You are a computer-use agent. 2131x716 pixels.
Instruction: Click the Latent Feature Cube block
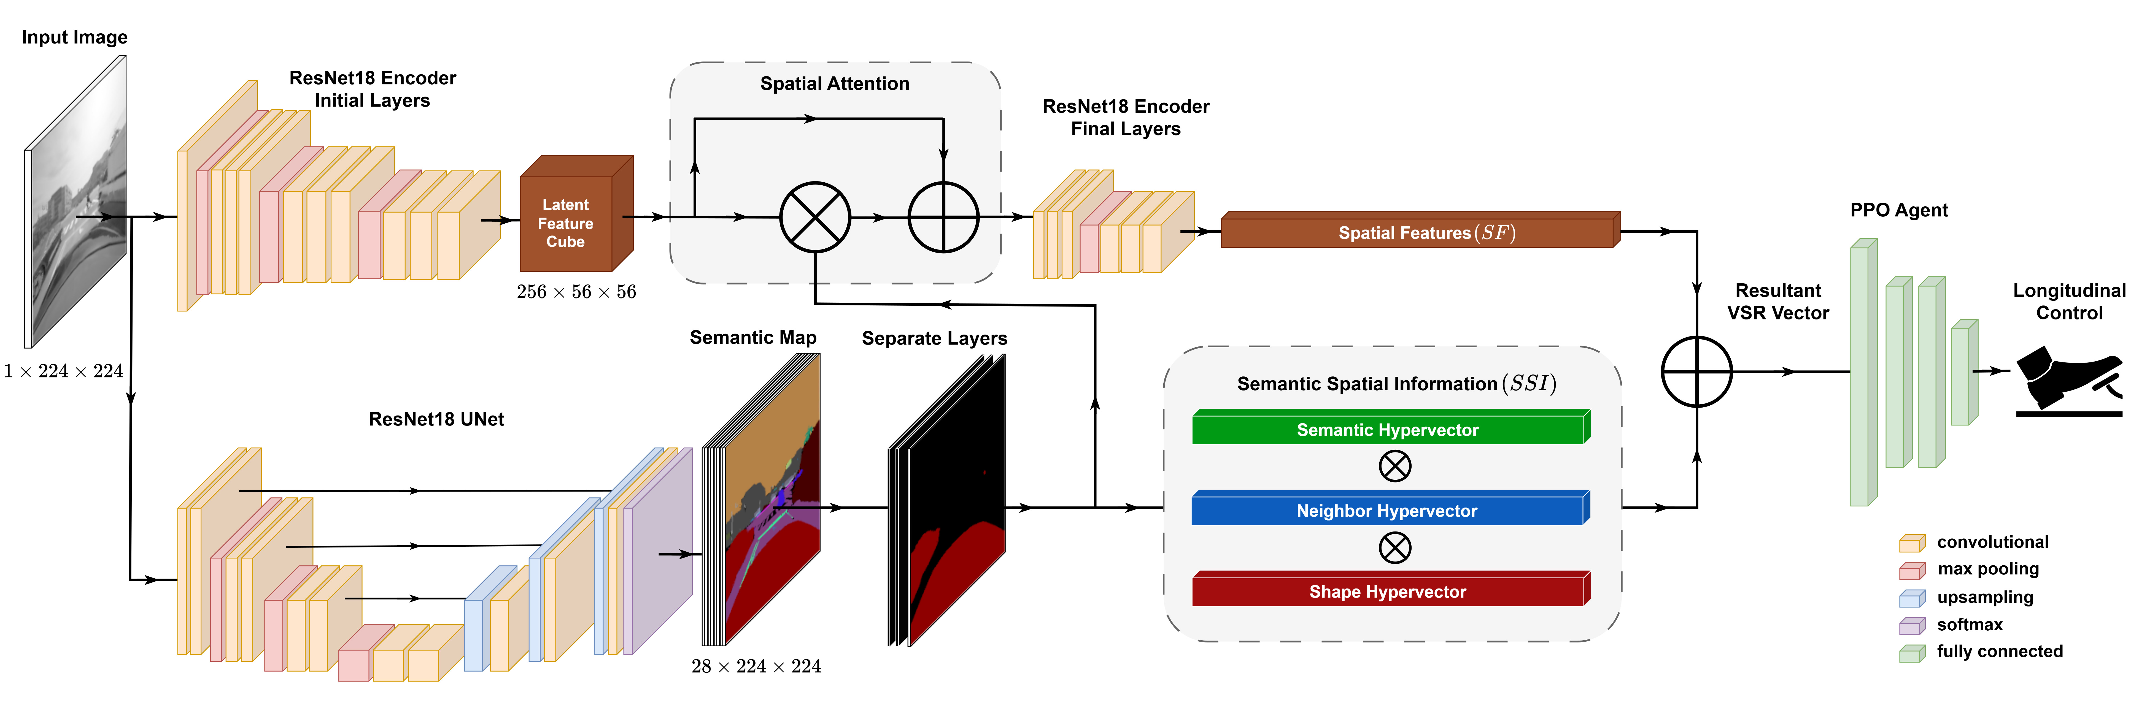571,219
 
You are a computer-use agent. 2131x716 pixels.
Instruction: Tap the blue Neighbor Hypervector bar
1388,510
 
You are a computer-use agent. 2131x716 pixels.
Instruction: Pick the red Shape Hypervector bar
1388,591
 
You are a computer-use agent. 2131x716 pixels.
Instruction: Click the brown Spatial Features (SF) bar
1419,232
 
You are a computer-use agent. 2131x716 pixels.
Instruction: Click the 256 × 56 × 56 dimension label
577,292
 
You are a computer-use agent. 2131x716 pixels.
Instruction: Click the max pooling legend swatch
1912,571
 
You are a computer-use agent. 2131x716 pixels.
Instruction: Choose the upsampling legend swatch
1912,598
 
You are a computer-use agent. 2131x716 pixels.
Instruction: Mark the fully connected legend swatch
1912,653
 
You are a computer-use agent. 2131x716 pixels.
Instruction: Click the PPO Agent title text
1898,210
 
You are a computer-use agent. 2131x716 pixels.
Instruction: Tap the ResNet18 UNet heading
436,419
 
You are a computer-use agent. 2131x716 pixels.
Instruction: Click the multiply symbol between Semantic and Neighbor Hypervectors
1395,466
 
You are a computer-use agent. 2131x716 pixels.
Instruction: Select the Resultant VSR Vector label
1778,302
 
